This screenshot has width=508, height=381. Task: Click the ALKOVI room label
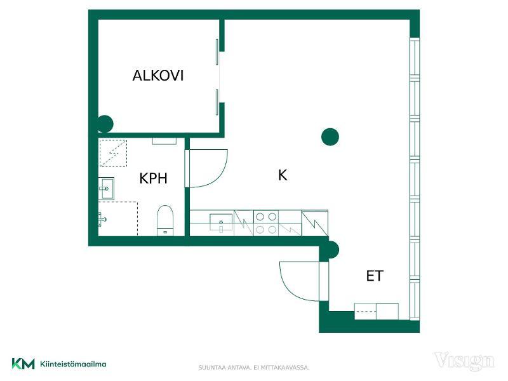157,76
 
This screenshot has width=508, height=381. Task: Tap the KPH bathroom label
153,178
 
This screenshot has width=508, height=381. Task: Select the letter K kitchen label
283,175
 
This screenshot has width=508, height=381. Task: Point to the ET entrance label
375,276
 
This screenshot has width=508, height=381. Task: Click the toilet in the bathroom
165,220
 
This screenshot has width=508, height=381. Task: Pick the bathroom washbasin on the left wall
106,188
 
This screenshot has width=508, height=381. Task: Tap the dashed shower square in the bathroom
113,153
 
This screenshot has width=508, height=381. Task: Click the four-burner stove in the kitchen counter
265,224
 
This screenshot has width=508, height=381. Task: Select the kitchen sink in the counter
221,222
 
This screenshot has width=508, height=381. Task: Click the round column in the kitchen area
330,137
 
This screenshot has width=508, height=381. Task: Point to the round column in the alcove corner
105,124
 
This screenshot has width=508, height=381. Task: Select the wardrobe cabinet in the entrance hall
376,311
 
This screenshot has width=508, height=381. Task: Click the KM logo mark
23,363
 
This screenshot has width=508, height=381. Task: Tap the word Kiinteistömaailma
73,364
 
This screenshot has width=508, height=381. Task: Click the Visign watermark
464,361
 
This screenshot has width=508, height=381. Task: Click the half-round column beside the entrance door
334,250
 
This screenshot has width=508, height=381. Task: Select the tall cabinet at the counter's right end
314,224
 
